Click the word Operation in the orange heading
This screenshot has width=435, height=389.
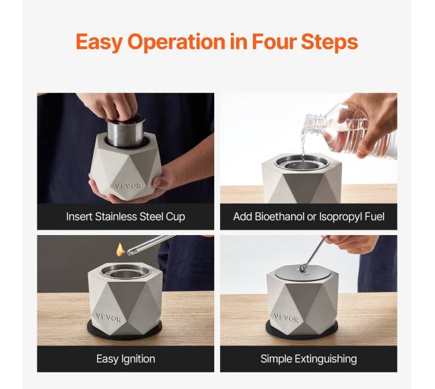(x=176, y=42)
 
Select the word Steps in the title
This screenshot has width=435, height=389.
(x=329, y=42)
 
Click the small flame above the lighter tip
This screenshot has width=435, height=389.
(x=120, y=250)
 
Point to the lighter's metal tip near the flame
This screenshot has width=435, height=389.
(x=130, y=252)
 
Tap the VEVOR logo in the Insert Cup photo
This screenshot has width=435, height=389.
(x=128, y=185)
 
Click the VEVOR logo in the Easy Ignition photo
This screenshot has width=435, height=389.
(x=108, y=317)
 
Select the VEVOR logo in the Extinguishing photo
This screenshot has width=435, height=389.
(x=286, y=317)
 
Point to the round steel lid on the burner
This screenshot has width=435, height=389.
(x=302, y=273)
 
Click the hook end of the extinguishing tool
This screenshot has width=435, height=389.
(x=303, y=268)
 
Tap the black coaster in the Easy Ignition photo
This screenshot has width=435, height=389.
(x=124, y=331)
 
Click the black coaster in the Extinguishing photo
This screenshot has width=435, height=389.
(x=302, y=331)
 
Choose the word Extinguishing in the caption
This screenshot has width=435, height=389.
(x=326, y=360)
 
